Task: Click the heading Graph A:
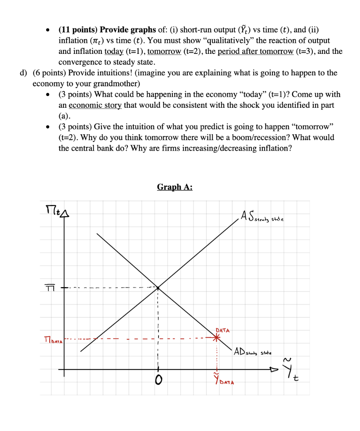175,187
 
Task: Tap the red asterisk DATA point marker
216,338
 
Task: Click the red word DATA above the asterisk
222,330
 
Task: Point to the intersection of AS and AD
158,287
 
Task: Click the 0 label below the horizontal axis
158,380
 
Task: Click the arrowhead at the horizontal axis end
274,370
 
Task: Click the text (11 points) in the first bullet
77,30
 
